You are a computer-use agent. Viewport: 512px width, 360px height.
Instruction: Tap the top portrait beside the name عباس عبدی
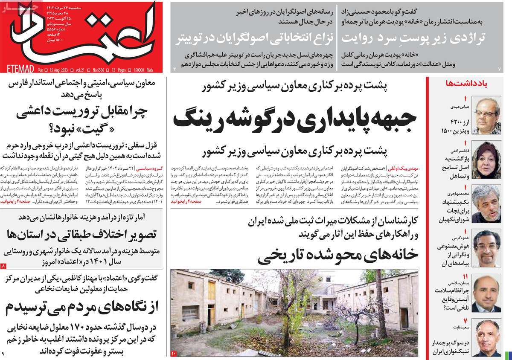[486, 116]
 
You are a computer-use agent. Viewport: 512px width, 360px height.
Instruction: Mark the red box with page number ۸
[4, 266]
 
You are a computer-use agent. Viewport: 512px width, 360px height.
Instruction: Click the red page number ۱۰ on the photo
[174, 353]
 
